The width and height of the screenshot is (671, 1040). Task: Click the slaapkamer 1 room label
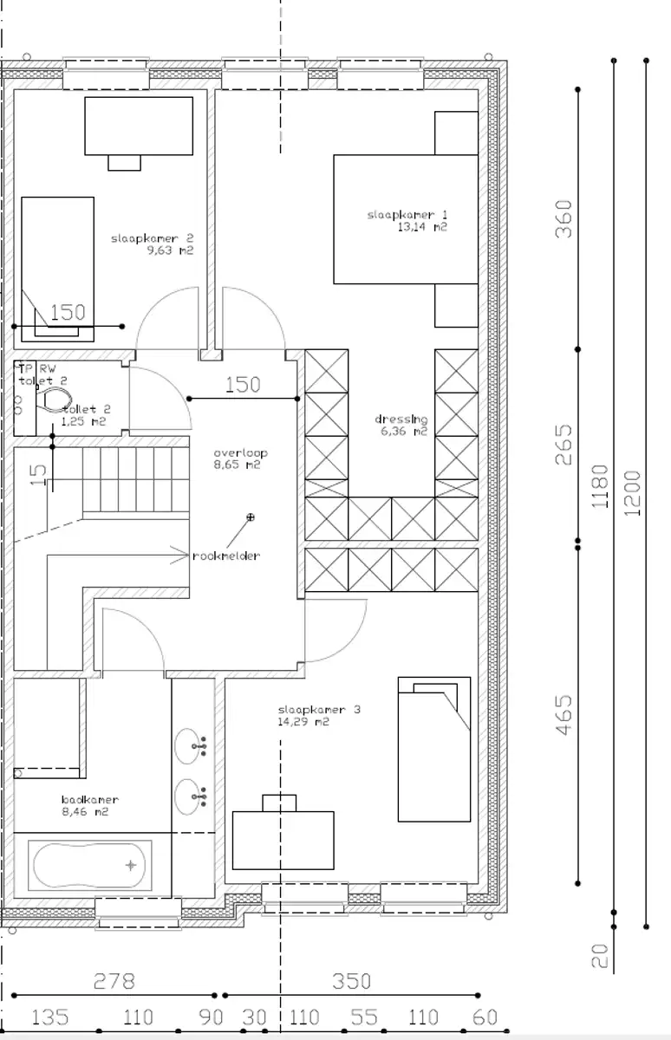[x=396, y=214]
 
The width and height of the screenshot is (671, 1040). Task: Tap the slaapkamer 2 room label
[x=152, y=237]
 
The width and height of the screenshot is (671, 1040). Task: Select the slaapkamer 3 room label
[x=318, y=709]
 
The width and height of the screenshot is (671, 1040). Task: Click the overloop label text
[x=241, y=452]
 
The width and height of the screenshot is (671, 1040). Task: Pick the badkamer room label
[x=89, y=799]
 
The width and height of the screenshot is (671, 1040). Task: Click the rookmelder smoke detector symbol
[x=251, y=517]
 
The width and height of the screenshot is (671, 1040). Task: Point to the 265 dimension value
[x=564, y=444]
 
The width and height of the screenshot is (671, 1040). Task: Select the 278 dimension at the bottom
[x=114, y=981]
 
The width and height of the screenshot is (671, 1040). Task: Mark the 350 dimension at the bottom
[x=351, y=981]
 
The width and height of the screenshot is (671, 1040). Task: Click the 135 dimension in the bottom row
[x=49, y=1017]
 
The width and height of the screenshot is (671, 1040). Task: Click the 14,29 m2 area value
[x=303, y=721]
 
